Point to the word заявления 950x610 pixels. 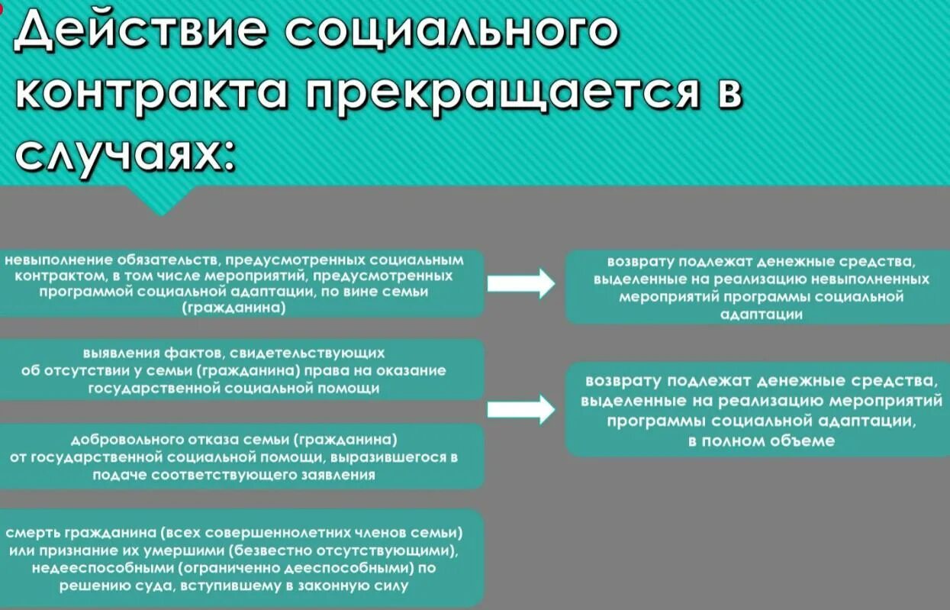337,474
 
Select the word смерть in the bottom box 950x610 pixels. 31,533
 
